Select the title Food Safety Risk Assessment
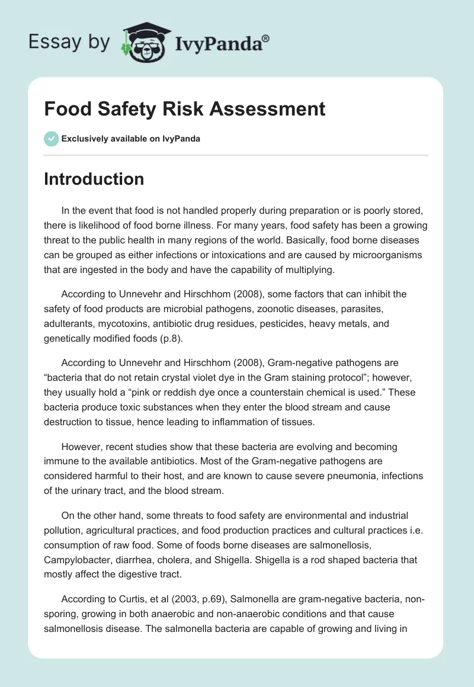tap(184, 109)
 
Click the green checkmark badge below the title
tap(50, 139)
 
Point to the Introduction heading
tap(94, 179)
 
